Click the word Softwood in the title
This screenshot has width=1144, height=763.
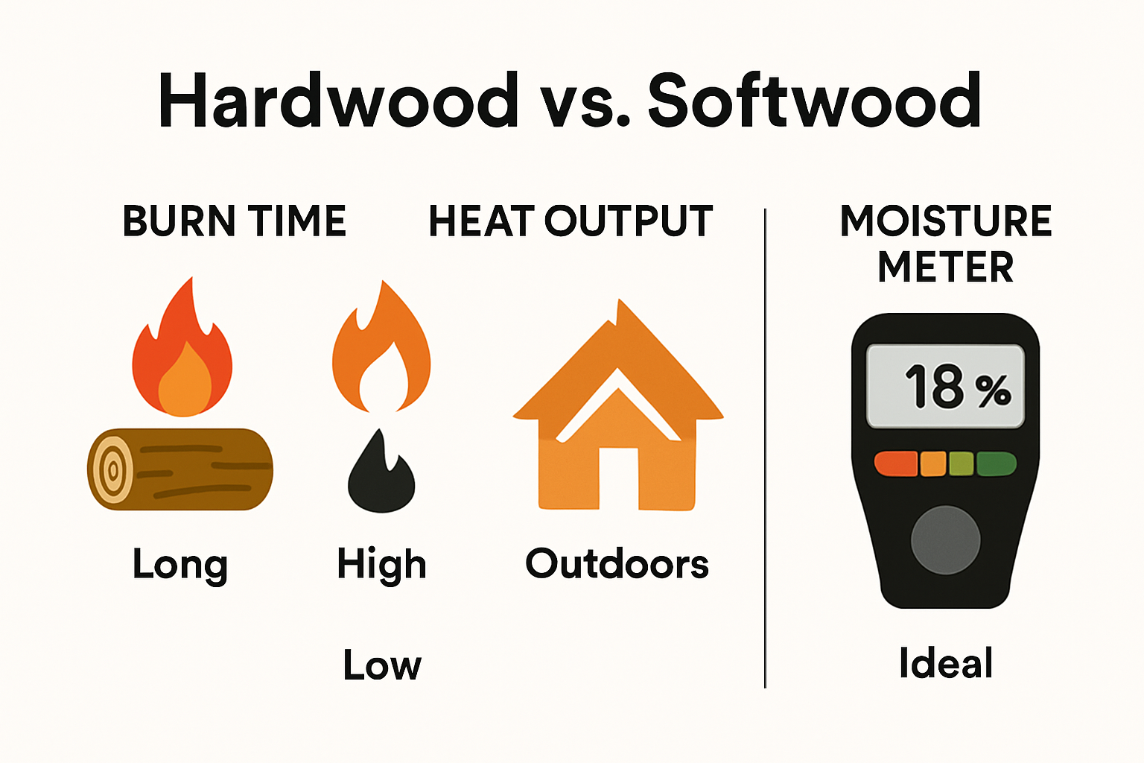814,101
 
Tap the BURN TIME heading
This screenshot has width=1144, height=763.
235,221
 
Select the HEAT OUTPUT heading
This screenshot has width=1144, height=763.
571,221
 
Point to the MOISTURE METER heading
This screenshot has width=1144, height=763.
946,244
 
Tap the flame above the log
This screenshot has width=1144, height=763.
182,354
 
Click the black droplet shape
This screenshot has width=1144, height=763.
381,477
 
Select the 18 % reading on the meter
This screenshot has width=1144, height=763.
957,387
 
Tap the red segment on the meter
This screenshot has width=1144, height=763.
895,463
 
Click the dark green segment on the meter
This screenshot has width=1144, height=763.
996,463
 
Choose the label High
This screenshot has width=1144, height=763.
381,564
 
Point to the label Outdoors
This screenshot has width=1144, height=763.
617,564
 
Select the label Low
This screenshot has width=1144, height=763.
382,665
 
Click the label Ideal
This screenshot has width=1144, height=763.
946,663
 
